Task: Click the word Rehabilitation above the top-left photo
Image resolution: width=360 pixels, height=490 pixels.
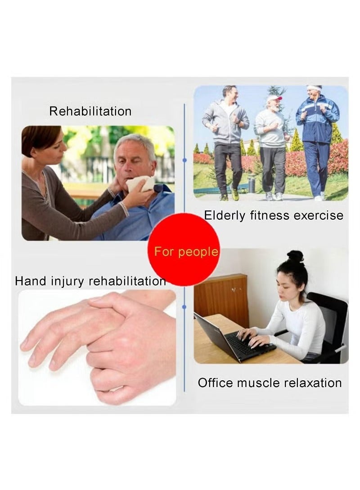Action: point(90,111)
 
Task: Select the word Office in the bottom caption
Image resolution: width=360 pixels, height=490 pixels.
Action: point(215,383)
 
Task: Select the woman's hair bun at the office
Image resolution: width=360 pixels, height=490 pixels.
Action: point(295,256)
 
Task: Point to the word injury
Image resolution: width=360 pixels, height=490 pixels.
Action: point(69,282)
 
